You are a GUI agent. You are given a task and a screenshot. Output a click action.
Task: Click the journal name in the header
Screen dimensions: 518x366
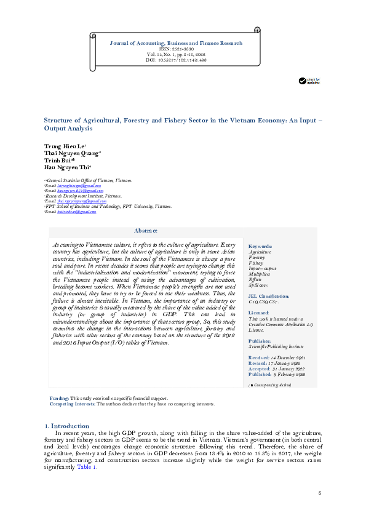coord(175,43)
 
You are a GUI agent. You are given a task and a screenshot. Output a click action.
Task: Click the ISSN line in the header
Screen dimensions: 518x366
coord(175,49)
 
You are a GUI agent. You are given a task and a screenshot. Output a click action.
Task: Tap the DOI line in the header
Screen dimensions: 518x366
coord(175,60)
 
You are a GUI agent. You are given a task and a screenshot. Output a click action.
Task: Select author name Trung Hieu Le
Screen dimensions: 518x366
coord(60,145)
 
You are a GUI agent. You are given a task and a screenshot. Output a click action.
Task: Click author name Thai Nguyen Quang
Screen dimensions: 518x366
coord(66,152)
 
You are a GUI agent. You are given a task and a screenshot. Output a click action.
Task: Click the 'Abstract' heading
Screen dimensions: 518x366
coord(146,231)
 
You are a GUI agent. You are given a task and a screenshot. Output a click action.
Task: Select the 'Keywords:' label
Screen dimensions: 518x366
coord(260,246)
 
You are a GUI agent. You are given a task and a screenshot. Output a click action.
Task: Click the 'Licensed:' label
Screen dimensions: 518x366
coord(258,313)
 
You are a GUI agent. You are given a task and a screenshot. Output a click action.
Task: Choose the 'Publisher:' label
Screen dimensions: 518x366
coord(260,340)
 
